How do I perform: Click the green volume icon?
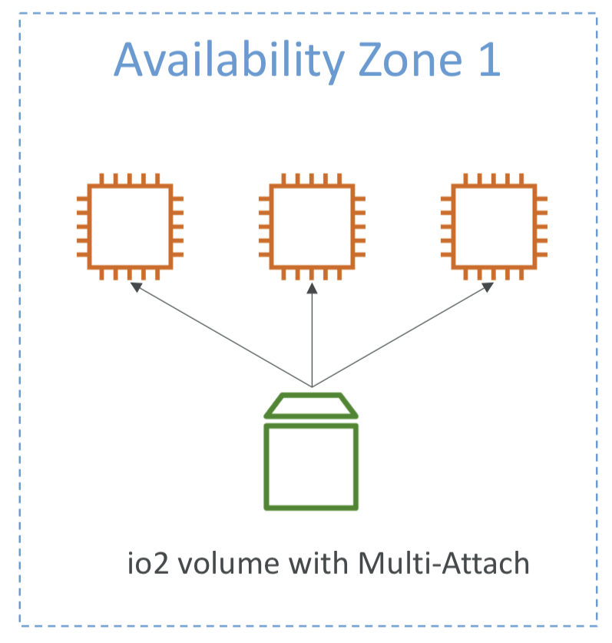coord(311,453)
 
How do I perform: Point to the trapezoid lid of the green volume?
coord(311,406)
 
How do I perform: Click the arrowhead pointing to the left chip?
coord(135,287)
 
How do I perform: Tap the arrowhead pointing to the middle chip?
coord(312,288)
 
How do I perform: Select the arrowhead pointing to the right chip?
coord(488,287)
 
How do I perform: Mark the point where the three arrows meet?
coord(312,386)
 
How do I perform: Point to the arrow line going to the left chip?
coord(223,336)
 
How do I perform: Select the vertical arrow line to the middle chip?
coord(312,338)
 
